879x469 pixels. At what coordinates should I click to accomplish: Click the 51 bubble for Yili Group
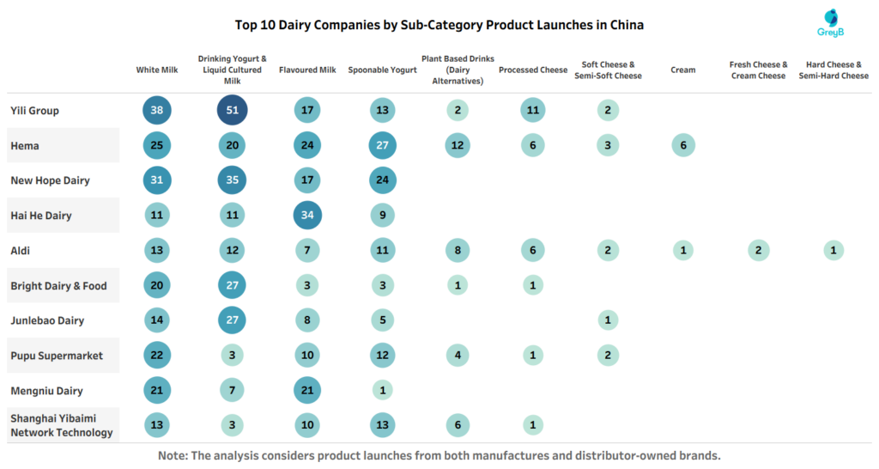pyautogui.click(x=233, y=111)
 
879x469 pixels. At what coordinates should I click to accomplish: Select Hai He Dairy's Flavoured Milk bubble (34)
pyautogui.click(x=307, y=216)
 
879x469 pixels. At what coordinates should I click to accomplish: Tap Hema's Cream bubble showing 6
pyautogui.click(x=683, y=146)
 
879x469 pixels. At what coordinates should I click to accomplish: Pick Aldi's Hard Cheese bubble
pyautogui.click(x=834, y=251)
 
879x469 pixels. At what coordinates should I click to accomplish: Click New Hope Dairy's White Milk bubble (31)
pyautogui.click(x=157, y=180)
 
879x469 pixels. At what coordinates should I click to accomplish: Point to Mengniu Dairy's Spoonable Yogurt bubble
pyautogui.click(x=383, y=391)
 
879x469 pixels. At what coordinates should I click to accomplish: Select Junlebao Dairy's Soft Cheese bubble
pyautogui.click(x=608, y=320)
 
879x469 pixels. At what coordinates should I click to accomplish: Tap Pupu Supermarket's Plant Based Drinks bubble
pyautogui.click(x=458, y=356)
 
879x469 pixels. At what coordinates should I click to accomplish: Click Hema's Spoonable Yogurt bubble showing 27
pyautogui.click(x=383, y=146)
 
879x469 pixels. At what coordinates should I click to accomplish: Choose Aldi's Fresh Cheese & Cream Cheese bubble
pyautogui.click(x=758, y=251)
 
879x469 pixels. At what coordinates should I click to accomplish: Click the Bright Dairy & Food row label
pyautogui.click(x=58, y=286)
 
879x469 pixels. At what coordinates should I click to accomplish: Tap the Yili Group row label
pyautogui.click(x=34, y=111)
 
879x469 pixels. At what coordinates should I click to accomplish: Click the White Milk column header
pyautogui.click(x=157, y=70)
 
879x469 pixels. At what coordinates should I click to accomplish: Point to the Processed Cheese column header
pyautogui.click(x=533, y=70)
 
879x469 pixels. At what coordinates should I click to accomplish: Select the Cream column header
pyautogui.click(x=683, y=70)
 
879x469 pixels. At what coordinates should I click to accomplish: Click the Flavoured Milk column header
pyautogui.click(x=307, y=70)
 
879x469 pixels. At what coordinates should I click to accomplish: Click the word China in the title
pyautogui.click(x=625, y=25)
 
